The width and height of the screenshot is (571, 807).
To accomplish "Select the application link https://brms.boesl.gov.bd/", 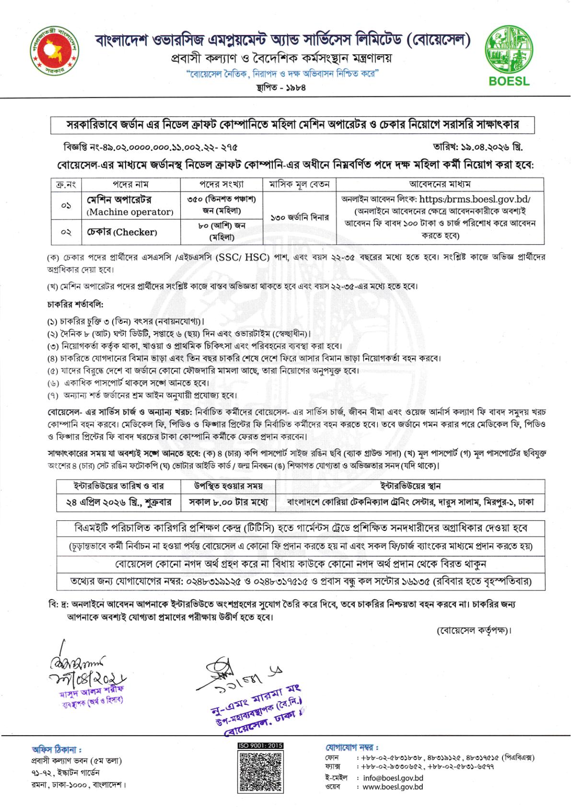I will point(475,200).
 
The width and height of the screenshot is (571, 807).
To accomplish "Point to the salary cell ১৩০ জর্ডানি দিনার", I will point(300,218).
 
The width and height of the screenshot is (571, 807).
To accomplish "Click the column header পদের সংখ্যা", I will point(221,184).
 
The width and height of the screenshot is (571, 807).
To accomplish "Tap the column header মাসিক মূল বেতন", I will point(299,184).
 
